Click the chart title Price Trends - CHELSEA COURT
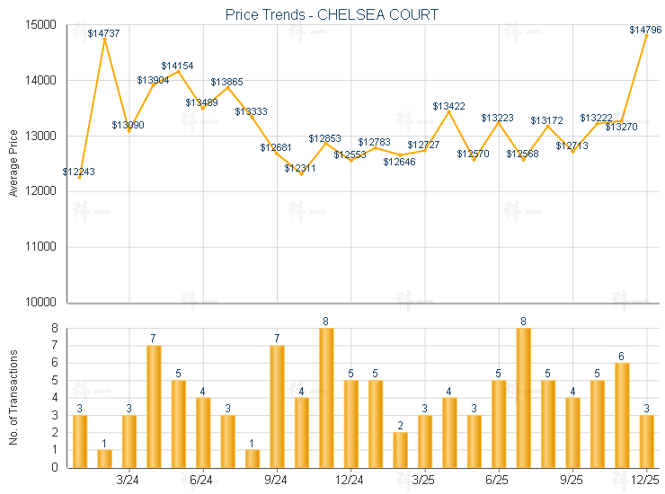click(x=332, y=14)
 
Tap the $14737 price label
click(x=103, y=33)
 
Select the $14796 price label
click(x=645, y=30)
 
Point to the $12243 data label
click(x=79, y=172)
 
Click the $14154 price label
click(x=177, y=66)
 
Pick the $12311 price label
click(x=300, y=168)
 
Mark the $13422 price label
click(x=448, y=106)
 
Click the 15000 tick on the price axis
click(x=43, y=25)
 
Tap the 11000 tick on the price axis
click(x=43, y=247)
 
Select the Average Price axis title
click(x=13, y=163)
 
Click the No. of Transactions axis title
click(x=13, y=397)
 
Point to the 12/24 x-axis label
click(x=350, y=481)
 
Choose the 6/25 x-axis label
click(x=498, y=481)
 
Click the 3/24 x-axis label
click(x=129, y=481)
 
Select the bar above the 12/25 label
click(x=646, y=441)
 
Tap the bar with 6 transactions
click(x=622, y=415)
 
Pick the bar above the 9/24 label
click(x=277, y=406)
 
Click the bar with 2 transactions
click(x=400, y=449)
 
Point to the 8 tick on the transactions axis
click(x=56, y=329)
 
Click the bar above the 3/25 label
click(x=424, y=441)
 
